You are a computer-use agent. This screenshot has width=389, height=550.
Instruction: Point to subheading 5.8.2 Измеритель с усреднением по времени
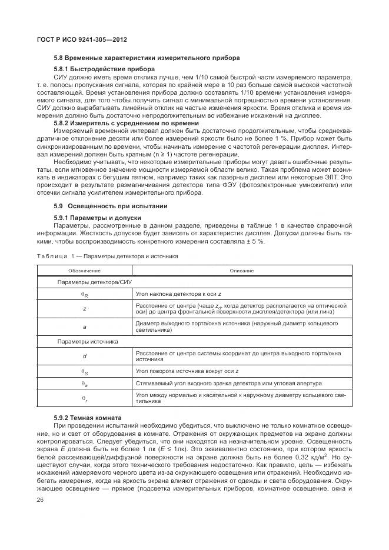[x=127, y=124]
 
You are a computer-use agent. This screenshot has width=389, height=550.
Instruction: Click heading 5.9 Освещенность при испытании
[x=110, y=206]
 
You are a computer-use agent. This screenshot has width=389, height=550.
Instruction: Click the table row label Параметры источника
[x=79, y=341]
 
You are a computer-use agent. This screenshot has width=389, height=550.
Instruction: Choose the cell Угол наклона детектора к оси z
[x=178, y=293]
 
